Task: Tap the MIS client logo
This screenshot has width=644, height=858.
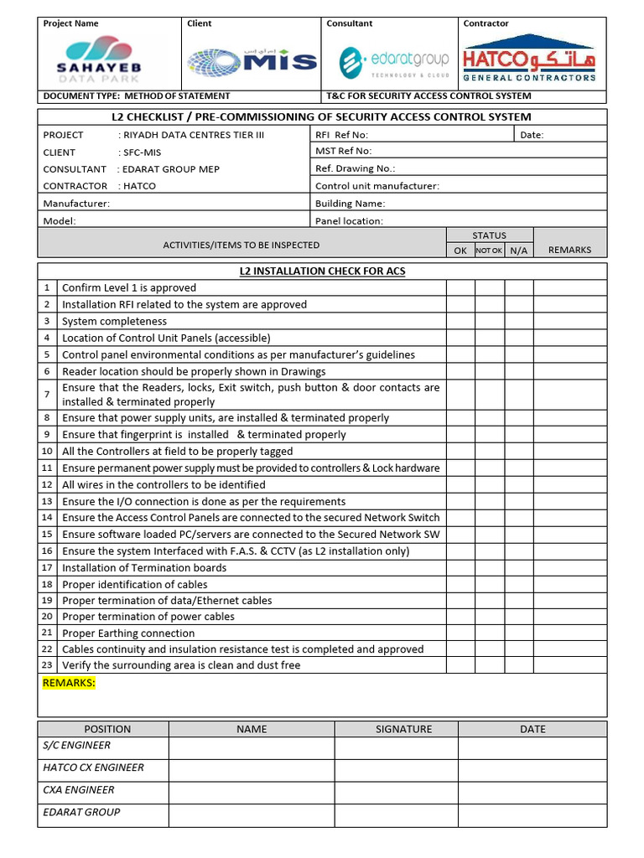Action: [252, 61]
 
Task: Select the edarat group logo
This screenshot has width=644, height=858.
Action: [394, 61]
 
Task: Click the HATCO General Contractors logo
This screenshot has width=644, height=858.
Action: [529, 59]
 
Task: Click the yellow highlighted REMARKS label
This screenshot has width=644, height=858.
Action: [69, 683]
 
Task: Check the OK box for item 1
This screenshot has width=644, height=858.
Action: [460, 287]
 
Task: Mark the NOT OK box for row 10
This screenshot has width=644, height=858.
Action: [490, 452]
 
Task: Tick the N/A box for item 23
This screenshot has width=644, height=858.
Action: [519, 665]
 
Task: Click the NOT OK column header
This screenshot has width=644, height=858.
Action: [489, 251]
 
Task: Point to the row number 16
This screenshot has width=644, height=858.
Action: [47, 551]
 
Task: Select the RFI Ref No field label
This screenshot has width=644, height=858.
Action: [341, 135]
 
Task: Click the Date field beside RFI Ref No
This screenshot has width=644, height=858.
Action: [559, 135]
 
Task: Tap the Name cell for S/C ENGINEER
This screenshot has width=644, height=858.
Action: [252, 747]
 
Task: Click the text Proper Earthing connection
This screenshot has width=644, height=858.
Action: [128, 633]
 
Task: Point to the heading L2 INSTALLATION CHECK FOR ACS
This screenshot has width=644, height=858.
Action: [322, 271]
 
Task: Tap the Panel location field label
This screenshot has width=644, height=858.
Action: [349, 221]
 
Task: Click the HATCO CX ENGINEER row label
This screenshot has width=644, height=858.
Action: [93, 768]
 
